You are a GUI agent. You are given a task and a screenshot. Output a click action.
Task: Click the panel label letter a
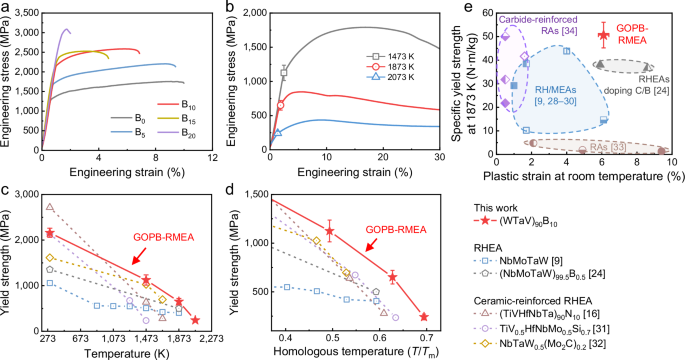coord(5,7)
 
